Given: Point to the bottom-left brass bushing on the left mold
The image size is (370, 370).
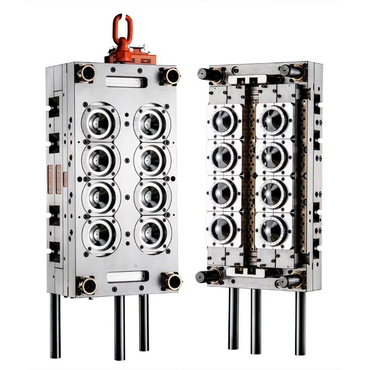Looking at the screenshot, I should pyautogui.click(x=86, y=283).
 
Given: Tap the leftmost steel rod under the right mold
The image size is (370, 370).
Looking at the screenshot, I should pyautogui.click(x=234, y=319).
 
